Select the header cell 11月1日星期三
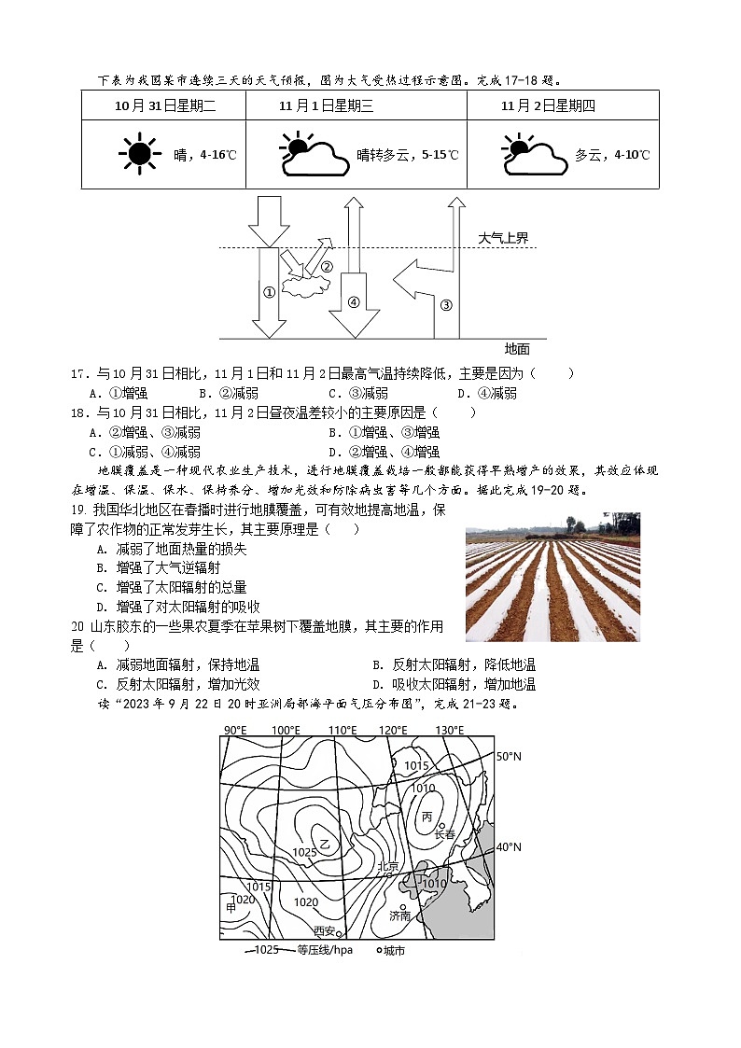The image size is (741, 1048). [x=326, y=105]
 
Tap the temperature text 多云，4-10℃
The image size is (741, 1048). [x=612, y=155]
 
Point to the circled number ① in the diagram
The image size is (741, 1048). [x=269, y=292]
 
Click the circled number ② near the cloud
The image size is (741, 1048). [x=327, y=267]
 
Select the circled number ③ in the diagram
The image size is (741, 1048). [x=445, y=304]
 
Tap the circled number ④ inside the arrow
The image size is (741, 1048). [x=353, y=301]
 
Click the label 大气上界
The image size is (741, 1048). [x=503, y=238]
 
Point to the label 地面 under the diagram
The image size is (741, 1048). [x=517, y=348]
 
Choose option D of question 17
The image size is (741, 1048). [x=484, y=393]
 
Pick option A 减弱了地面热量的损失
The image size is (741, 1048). [x=172, y=549]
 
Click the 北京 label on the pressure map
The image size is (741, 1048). [x=387, y=866]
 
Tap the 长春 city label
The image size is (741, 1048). [x=444, y=833]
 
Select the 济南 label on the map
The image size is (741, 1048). [x=399, y=915]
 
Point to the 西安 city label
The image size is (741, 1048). [x=324, y=930]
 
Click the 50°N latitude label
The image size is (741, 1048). [x=509, y=756]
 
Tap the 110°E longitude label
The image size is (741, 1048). [x=342, y=730]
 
